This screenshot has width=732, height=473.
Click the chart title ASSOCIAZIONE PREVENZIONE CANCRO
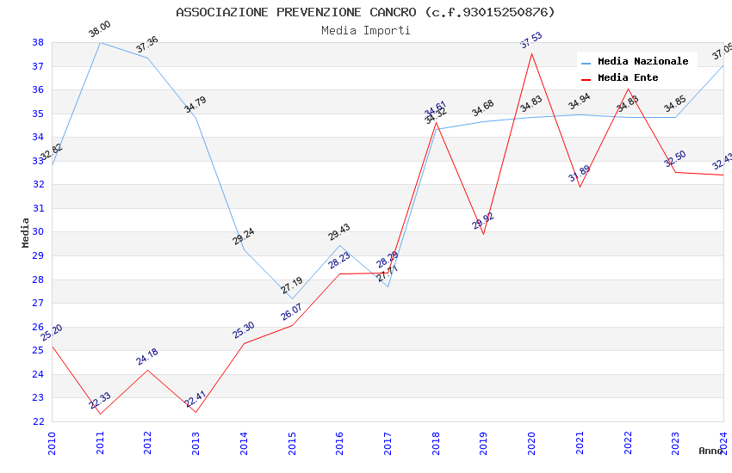(x=365, y=12)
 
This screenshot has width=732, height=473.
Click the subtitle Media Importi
(x=365, y=30)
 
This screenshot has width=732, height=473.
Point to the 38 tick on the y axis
(x=38, y=42)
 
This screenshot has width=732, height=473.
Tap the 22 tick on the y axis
(x=38, y=421)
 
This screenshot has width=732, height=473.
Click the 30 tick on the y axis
(x=38, y=232)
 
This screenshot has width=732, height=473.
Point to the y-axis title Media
(x=26, y=232)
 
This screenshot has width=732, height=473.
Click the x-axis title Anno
(x=710, y=451)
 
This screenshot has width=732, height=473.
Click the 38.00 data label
(x=100, y=30)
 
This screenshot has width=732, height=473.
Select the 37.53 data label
(x=531, y=40)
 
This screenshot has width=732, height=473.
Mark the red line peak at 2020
(x=531, y=53)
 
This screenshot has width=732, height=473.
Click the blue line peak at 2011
(x=101, y=42)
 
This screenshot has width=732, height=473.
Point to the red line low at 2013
(x=196, y=412)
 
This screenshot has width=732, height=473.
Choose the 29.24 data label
(x=244, y=236)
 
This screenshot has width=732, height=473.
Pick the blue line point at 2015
(x=292, y=298)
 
